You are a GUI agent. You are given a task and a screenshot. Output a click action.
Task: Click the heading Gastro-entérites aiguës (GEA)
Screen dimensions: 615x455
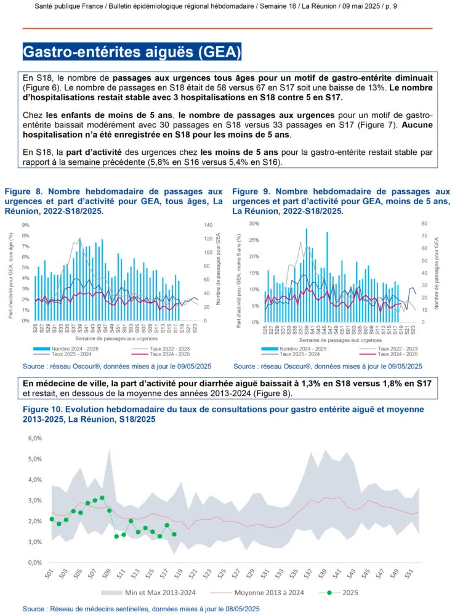132,52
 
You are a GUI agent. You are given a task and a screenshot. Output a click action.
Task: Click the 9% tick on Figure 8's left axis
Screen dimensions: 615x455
26,226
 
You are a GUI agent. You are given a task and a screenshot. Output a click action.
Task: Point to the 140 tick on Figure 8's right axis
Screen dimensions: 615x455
207,226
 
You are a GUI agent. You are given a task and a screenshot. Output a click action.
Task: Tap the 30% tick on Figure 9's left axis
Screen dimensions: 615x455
253,223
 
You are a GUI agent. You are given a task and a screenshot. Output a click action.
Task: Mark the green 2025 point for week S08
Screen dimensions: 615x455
102,498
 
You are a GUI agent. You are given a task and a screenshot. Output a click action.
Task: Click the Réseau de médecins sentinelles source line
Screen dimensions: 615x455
142,608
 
